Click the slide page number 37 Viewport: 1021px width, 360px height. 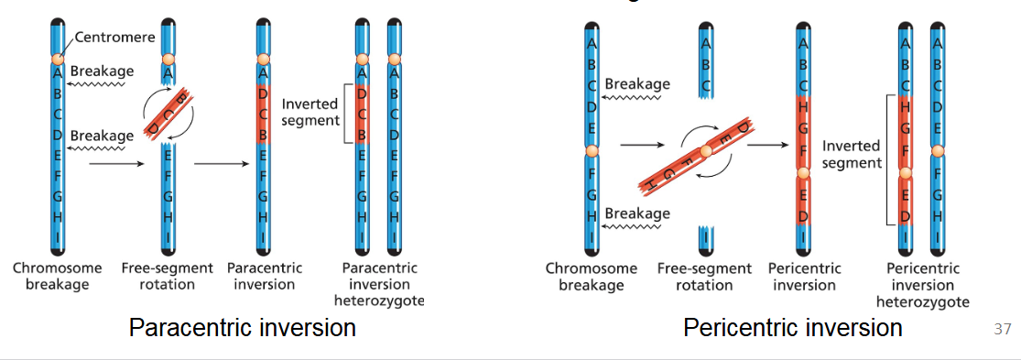click(x=1002, y=329)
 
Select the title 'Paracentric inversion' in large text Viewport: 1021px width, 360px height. click(x=243, y=327)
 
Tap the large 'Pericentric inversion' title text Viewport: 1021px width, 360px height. click(x=793, y=327)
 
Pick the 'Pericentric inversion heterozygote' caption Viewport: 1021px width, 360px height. click(x=923, y=285)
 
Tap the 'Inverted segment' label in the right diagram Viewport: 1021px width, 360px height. click(x=852, y=154)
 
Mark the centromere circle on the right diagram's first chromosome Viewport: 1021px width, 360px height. click(x=592, y=150)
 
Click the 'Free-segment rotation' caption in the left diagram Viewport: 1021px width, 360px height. click(x=167, y=276)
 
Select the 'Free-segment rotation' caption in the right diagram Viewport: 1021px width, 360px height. click(x=705, y=277)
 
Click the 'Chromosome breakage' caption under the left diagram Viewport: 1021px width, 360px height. click(x=51, y=276)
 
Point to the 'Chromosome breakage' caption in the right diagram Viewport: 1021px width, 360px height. click(x=592, y=277)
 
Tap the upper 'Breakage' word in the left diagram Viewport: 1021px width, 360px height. click(x=102, y=71)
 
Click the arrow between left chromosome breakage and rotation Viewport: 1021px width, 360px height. click(x=118, y=164)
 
